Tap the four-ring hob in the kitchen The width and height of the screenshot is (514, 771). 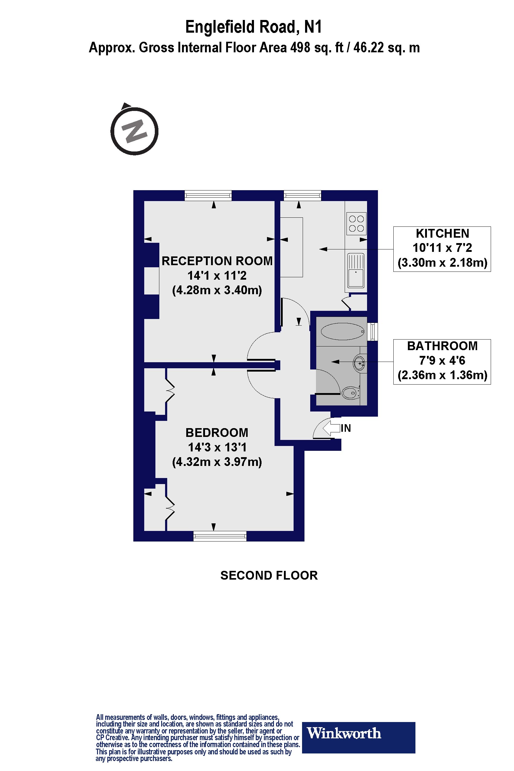coord(356,223)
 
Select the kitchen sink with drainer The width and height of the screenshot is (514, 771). coord(356,270)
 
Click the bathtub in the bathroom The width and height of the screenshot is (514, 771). coord(343,331)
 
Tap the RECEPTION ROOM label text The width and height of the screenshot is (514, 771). coord(217,261)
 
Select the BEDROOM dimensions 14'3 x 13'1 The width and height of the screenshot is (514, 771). coord(217,447)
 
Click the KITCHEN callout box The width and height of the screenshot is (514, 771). coord(442,249)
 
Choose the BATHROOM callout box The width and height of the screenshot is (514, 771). coord(442,361)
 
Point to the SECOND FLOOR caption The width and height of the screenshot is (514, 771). coord(269,576)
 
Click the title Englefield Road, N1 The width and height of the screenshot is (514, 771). coord(253,27)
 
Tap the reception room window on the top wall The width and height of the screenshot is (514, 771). coord(208,195)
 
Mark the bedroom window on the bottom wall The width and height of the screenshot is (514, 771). coord(220,536)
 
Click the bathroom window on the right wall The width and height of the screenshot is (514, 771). coord(373,331)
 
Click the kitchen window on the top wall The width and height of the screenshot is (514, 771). coord(302,195)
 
